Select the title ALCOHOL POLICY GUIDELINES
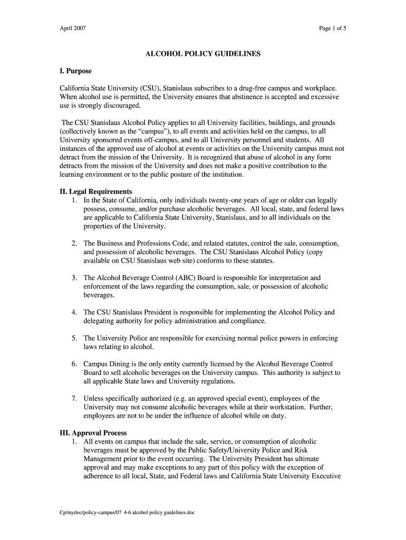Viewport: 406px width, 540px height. click(202, 54)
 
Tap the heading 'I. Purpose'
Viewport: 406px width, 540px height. click(75, 71)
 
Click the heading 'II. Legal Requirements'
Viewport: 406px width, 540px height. click(95, 191)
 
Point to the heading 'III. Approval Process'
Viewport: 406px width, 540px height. click(93, 432)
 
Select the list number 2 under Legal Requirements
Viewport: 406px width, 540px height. click(75, 244)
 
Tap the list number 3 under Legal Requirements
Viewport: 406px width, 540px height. click(75, 278)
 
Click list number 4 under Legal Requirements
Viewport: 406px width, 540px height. click(75, 312)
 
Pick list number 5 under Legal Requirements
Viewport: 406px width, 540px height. click(75, 338)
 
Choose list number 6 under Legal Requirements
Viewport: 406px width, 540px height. click(75, 364)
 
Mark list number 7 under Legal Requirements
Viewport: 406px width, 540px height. click(75, 398)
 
